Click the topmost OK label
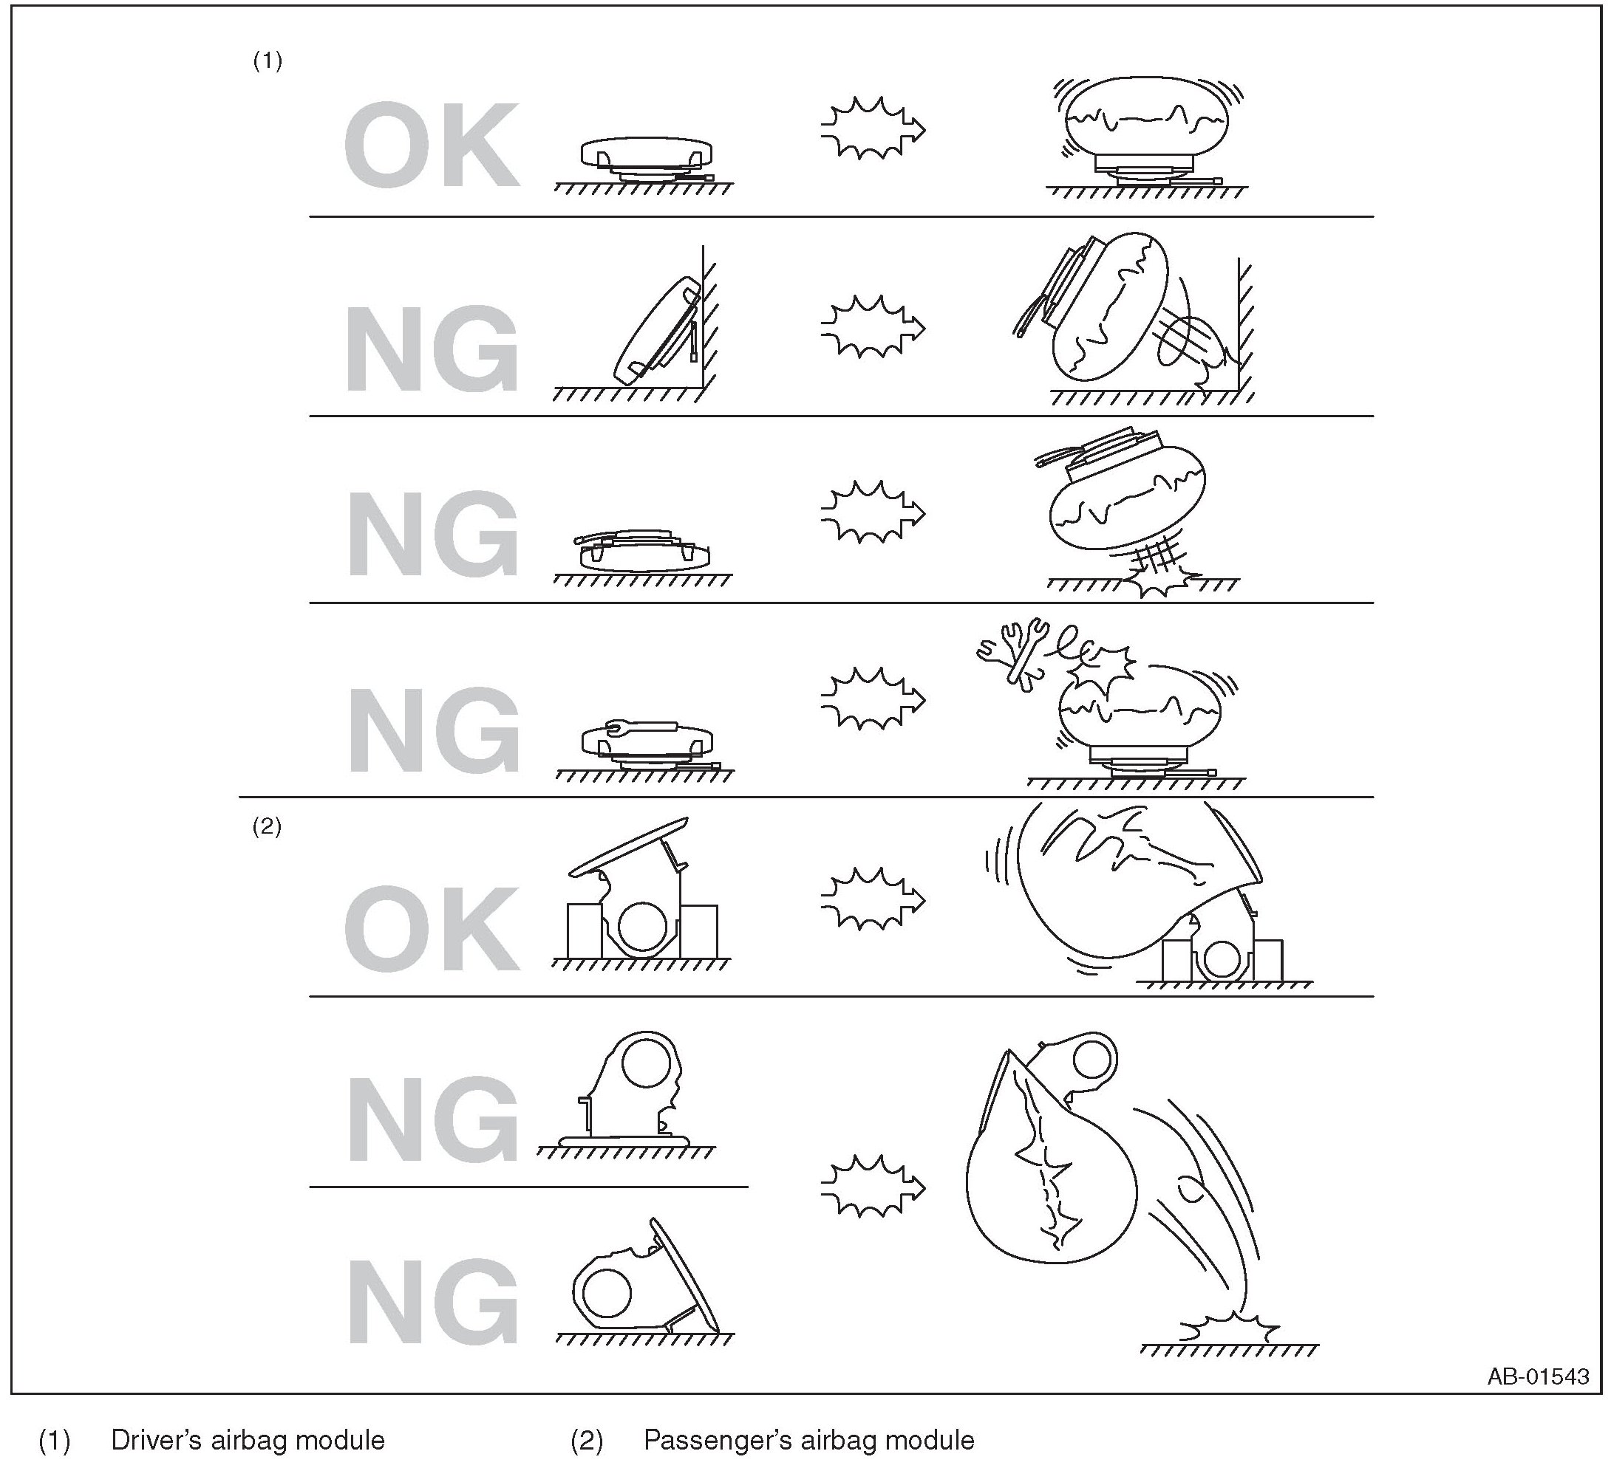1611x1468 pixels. pyautogui.click(x=432, y=145)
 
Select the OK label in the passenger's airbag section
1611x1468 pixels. pyautogui.click(x=432, y=930)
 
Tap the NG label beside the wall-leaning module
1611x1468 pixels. pyautogui.click(x=432, y=349)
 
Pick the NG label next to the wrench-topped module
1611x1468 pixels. pyautogui.click(x=432, y=730)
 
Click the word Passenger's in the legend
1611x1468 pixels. pyautogui.click(x=718, y=1440)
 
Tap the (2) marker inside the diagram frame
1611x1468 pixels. pyautogui.click(x=267, y=826)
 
